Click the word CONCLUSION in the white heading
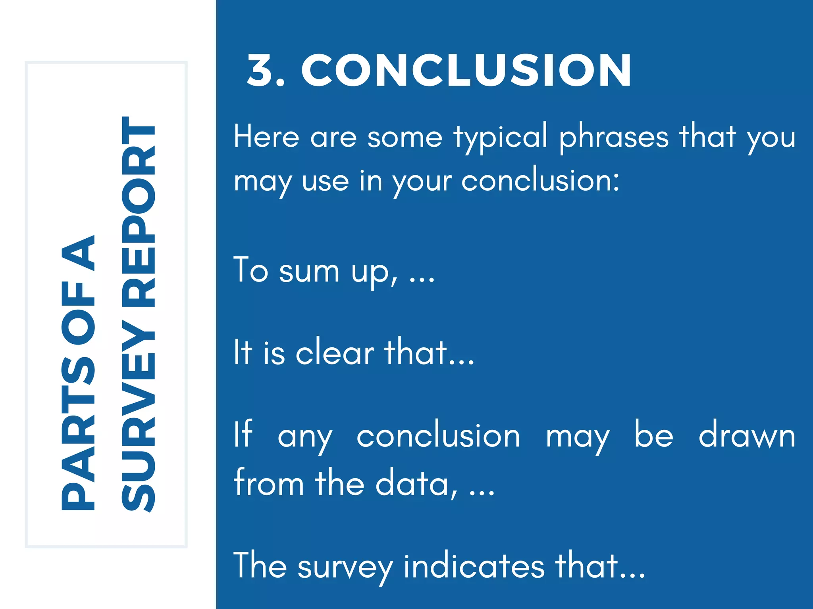[466, 71]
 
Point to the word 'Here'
[266, 137]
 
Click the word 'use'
[325, 182]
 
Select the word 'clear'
[334, 352]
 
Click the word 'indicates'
[474, 566]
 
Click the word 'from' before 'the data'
[269, 483]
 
